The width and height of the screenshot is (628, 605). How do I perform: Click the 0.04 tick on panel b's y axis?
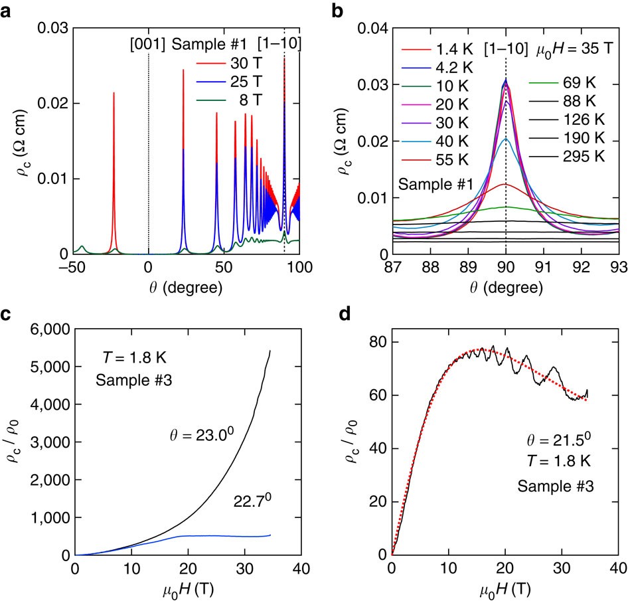pos(365,28)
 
